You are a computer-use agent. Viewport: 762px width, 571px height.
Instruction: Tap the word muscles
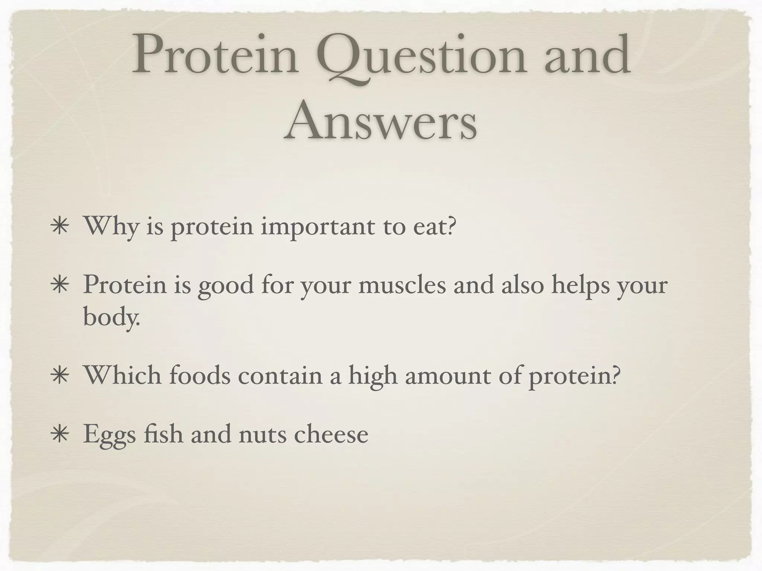pyautogui.click(x=402, y=285)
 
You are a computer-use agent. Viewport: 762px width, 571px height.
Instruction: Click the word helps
pyautogui.click(x=580, y=285)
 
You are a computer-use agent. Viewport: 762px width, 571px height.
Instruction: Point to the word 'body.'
pyautogui.click(x=111, y=318)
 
